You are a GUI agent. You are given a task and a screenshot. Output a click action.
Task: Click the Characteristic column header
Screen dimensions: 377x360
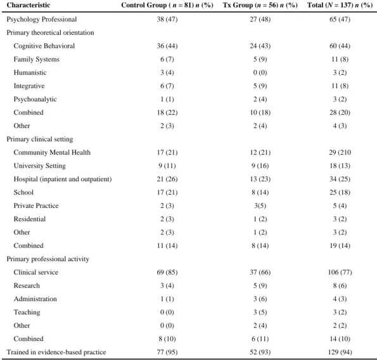coord(29,5)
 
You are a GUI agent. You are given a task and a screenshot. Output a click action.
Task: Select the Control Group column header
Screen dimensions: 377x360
coord(167,5)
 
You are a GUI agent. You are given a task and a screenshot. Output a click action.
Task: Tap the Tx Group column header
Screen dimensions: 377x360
coord(260,5)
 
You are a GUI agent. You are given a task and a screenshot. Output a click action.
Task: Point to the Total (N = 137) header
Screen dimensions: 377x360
coord(340,5)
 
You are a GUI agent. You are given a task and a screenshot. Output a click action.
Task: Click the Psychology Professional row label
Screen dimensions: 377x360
coord(42,19)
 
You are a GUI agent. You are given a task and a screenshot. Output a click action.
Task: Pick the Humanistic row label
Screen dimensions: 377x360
coord(30,72)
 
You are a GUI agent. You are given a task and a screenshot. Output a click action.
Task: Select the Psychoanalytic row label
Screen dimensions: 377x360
coord(35,100)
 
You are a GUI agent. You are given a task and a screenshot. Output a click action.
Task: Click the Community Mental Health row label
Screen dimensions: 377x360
coord(52,153)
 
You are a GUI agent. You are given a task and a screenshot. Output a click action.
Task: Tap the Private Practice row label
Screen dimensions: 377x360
coord(36,205)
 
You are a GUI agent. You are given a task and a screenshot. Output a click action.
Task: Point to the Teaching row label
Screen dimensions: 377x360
coord(27,312)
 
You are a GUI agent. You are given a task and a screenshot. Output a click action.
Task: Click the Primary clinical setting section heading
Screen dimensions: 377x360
coord(40,139)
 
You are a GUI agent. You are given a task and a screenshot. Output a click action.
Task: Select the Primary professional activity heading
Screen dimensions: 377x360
coord(48,259)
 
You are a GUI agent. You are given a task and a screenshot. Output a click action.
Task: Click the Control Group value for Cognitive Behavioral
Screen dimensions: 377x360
coord(167,46)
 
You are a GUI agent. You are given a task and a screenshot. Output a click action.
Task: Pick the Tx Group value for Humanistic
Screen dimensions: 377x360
coord(260,73)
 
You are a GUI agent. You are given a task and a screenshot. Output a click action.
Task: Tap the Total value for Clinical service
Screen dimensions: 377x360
coord(340,273)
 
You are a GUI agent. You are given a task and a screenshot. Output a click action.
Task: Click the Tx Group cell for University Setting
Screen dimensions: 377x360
coord(260,165)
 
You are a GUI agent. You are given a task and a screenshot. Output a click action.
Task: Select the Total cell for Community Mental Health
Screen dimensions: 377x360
coord(340,153)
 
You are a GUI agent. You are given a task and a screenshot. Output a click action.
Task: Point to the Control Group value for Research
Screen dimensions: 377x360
coord(167,285)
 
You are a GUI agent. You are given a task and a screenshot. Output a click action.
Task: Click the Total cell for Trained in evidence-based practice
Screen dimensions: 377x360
coord(340,352)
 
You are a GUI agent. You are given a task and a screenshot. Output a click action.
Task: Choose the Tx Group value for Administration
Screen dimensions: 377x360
coord(260,299)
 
